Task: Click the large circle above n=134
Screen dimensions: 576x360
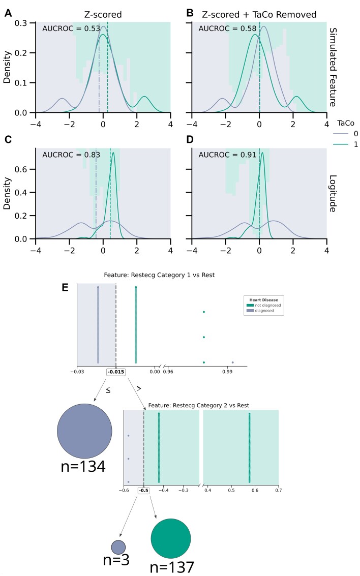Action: (84, 431)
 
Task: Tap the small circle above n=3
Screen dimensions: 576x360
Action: (118, 547)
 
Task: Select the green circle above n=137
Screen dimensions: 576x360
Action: (171, 538)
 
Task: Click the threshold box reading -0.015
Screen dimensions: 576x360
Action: (116, 372)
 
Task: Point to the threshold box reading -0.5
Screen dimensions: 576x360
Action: (144, 491)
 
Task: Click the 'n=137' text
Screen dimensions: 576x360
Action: (173, 567)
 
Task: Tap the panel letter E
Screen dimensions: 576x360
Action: (65, 288)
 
